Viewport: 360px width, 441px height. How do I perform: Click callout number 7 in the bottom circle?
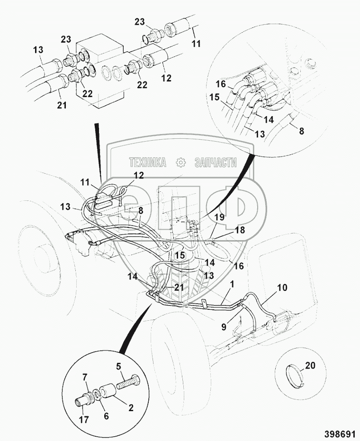[x=85, y=377]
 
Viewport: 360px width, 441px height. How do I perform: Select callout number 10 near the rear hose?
[x=282, y=288]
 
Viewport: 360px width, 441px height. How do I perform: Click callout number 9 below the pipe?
[x=224, y=327]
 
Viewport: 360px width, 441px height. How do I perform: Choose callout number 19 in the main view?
[x=220, y=217]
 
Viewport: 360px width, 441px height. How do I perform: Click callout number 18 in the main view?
[x=239, y=230]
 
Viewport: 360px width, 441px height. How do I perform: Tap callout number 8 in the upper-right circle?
[x=301, y=131]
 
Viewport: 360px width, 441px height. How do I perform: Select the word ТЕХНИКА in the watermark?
[x=148, y=162]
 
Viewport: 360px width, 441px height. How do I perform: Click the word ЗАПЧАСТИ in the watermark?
[x=216, y=162]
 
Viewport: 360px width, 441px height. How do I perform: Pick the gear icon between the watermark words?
[x=180, y=162]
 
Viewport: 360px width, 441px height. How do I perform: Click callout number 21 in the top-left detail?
[x=62, y=105]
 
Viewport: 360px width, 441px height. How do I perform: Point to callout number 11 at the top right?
[x=196, y=44]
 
